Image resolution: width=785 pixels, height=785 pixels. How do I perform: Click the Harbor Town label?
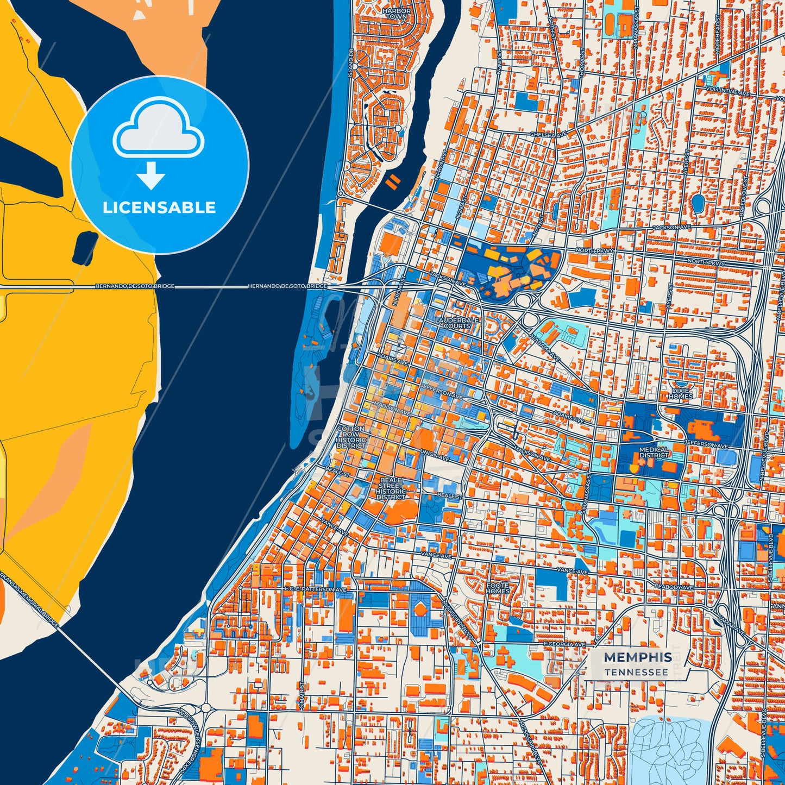coord(396,14)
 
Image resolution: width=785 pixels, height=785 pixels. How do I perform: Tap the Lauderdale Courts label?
coord(457,323)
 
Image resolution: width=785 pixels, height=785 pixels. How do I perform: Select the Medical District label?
coord(654,453)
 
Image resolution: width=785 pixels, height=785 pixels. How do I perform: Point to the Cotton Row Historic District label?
coord(351,437)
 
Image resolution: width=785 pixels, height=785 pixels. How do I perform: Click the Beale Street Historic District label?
coord(391,488)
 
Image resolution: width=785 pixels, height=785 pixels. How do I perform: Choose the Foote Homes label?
coord(498,588)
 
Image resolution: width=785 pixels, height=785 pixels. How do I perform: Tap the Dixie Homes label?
coord(680,393)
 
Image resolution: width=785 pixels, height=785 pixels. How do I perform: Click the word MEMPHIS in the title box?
coord(638,657)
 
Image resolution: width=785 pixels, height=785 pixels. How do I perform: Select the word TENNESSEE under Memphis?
coord(636,672)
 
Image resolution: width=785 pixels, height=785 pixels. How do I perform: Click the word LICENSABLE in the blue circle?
coord(159,208)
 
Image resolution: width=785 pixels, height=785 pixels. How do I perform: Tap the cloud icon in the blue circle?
coord(158,129)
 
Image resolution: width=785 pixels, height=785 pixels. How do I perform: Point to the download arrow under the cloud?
coord(150,175)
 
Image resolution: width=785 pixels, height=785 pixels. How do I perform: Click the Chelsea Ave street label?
coord(548,134)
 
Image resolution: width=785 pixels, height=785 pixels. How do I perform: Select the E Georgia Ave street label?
coord(564,644)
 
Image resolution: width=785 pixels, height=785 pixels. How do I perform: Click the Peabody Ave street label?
coord(673,587)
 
